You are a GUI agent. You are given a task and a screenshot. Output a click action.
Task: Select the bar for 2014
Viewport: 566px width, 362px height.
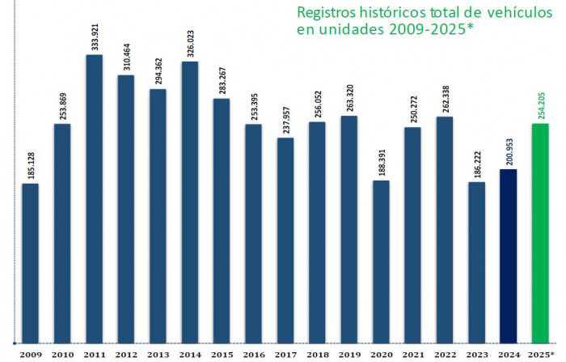click(x=190, y=202)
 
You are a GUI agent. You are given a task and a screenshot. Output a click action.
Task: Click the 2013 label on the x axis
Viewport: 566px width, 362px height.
click(x=158, y=355)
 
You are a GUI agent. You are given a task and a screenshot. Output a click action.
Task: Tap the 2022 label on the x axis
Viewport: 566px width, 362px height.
click(x=445, y=355)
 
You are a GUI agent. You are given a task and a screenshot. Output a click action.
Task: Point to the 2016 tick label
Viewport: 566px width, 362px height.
click(x=254, y=355)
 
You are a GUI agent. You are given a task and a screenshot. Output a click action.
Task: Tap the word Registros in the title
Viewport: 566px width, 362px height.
click(x=327, y=14)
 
